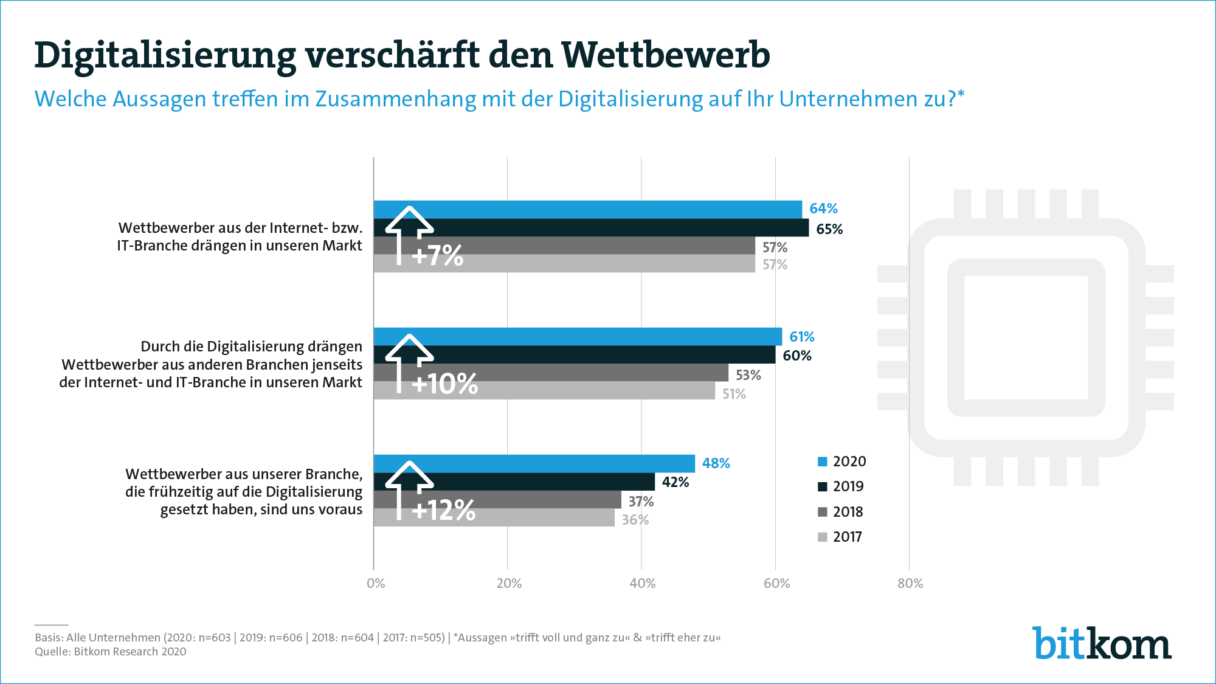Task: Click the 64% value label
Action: [823, 209]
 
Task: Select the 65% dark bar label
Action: [829, 229]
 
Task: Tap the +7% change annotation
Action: [437, 255]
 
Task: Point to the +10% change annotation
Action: [444, 384]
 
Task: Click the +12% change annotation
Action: [443, 510]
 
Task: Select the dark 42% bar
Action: [514, 482]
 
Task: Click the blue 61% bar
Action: [578, 336]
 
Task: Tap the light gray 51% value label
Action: [734, 394]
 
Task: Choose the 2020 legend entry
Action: [842, 461]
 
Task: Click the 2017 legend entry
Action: [840, 537]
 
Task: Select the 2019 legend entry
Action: [841, 486]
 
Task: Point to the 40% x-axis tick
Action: [643, 584]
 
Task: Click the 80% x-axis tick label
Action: [910, 584]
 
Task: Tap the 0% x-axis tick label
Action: [376, 584]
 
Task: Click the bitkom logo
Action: [1102, 643]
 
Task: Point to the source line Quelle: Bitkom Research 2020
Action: [111, 652]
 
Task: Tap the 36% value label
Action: [635, 520]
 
